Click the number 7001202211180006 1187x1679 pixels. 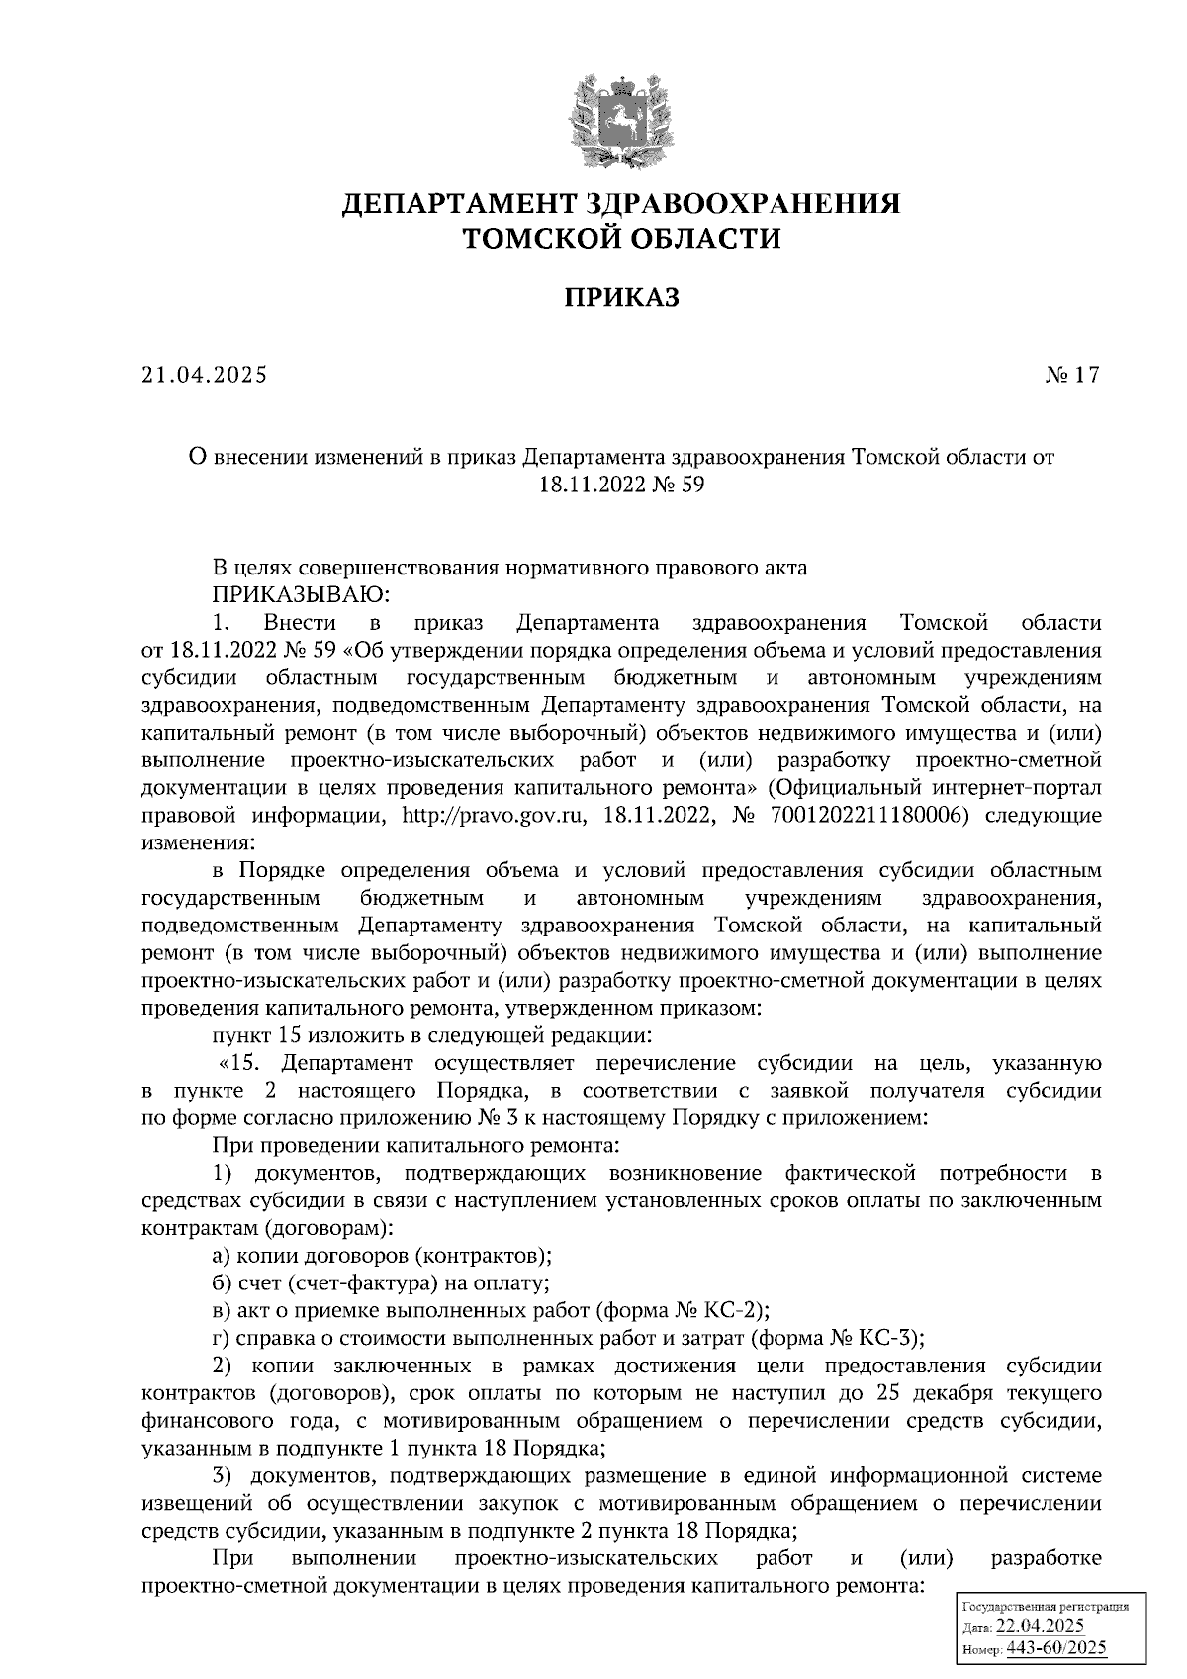pyautogui.click(x=859, y=817)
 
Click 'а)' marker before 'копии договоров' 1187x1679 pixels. pyautogui.click(x=222, y=1256)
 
